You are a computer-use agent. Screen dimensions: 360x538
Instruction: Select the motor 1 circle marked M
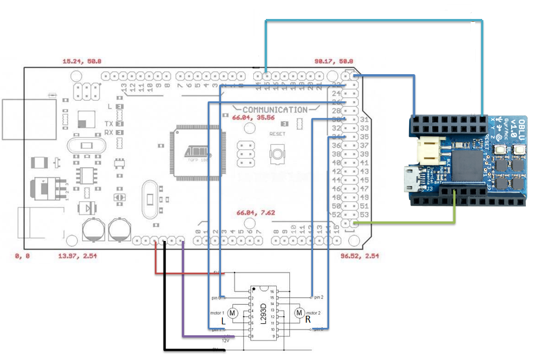233,313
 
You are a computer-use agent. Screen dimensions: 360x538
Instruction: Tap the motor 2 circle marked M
299,313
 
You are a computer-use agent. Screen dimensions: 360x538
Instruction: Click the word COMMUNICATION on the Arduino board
274,109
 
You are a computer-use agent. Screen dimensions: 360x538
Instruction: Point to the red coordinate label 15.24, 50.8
82,60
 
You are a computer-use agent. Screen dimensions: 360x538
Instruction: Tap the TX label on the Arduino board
108,124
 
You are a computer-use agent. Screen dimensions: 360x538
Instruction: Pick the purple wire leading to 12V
183,299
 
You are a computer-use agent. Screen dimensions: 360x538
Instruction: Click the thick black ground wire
165,299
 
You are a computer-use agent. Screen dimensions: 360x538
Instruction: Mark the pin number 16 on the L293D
273,292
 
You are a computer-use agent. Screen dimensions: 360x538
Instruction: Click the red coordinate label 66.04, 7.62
256,213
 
